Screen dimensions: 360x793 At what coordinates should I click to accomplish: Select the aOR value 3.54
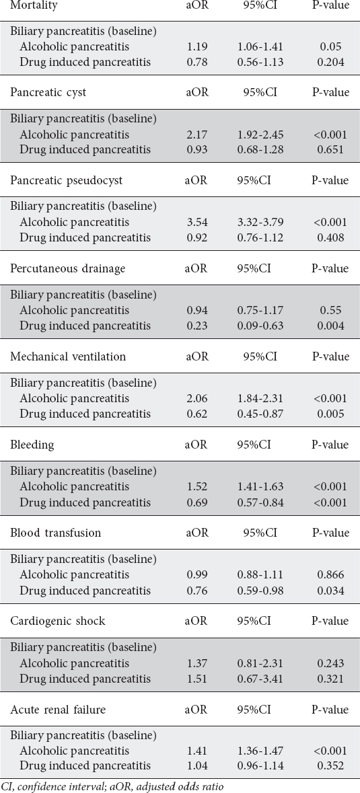196,222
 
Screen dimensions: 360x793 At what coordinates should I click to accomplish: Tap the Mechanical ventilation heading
68,356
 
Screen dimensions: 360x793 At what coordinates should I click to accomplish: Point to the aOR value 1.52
196,486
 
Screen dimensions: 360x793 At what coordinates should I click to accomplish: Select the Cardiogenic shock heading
58,621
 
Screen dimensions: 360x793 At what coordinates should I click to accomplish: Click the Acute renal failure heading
58,710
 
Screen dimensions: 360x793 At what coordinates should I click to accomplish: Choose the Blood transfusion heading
56,533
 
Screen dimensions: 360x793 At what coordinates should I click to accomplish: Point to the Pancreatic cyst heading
48,93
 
